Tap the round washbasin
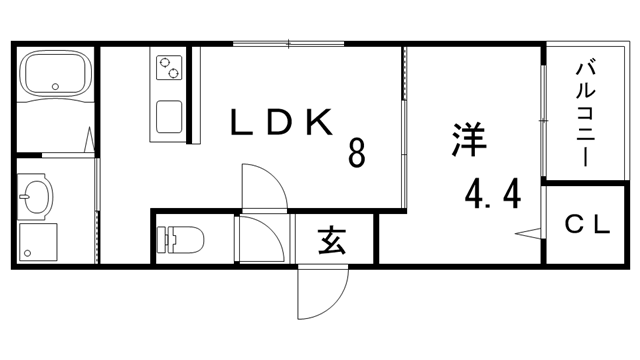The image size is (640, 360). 36,198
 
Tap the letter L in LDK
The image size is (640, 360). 244,122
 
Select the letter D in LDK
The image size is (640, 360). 282,122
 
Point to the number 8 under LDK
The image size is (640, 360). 356,153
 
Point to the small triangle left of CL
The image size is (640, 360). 529,234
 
